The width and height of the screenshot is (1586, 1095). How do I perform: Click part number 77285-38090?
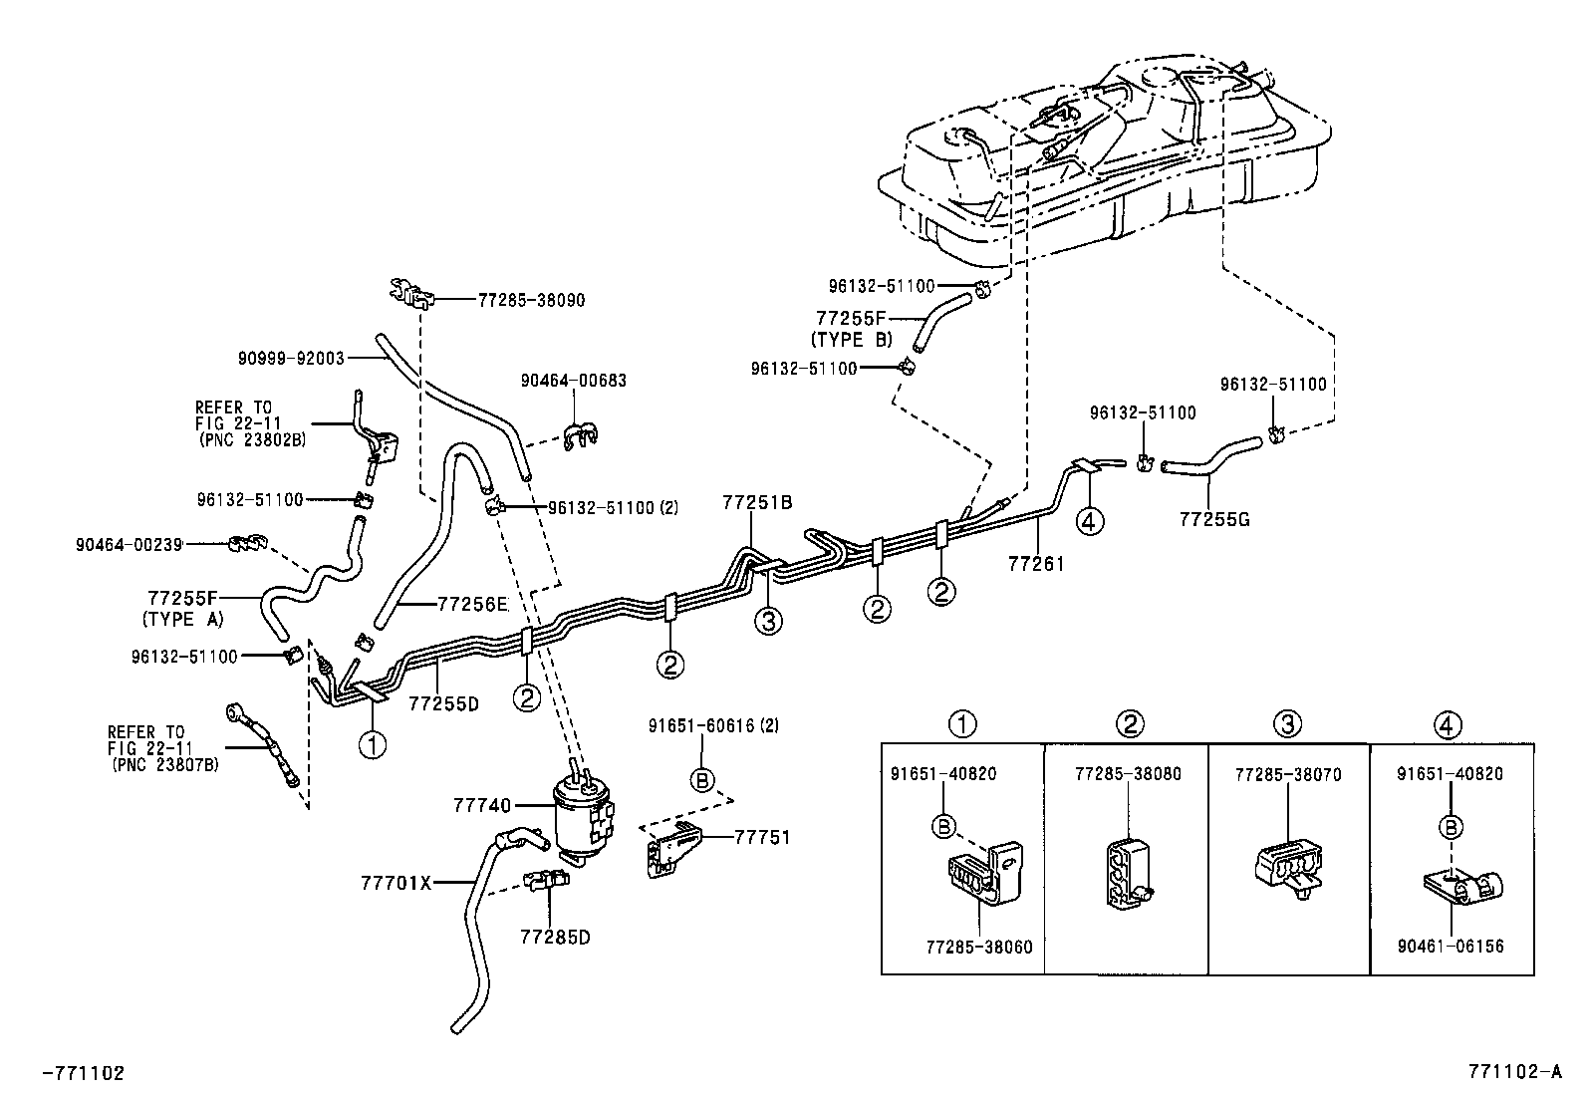coord(531,299)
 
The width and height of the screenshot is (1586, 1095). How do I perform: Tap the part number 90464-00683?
coord(574,381)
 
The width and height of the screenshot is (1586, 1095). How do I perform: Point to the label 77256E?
coord(472,604)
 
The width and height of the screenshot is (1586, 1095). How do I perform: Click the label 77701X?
coord(396,882)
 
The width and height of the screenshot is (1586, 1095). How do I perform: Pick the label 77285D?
coord(554,938)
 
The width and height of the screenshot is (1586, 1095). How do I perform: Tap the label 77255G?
coord(1213,519)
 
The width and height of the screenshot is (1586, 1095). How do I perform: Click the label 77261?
coord(1036,564)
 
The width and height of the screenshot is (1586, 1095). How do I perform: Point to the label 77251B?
coord(757,503)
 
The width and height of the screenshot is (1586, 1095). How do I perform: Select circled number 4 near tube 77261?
coord(1091,520)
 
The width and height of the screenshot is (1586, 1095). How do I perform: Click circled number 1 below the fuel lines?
coord(373,743)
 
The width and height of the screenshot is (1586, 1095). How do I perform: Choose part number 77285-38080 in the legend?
coord(1128,774)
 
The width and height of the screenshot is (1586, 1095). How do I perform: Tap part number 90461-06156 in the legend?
coord(1450,947)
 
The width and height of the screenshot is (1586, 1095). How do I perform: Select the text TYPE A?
coord(183,619)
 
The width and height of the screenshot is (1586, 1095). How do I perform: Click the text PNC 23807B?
coord(164,764)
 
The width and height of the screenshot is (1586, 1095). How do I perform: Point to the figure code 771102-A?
coord(1514,1072)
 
